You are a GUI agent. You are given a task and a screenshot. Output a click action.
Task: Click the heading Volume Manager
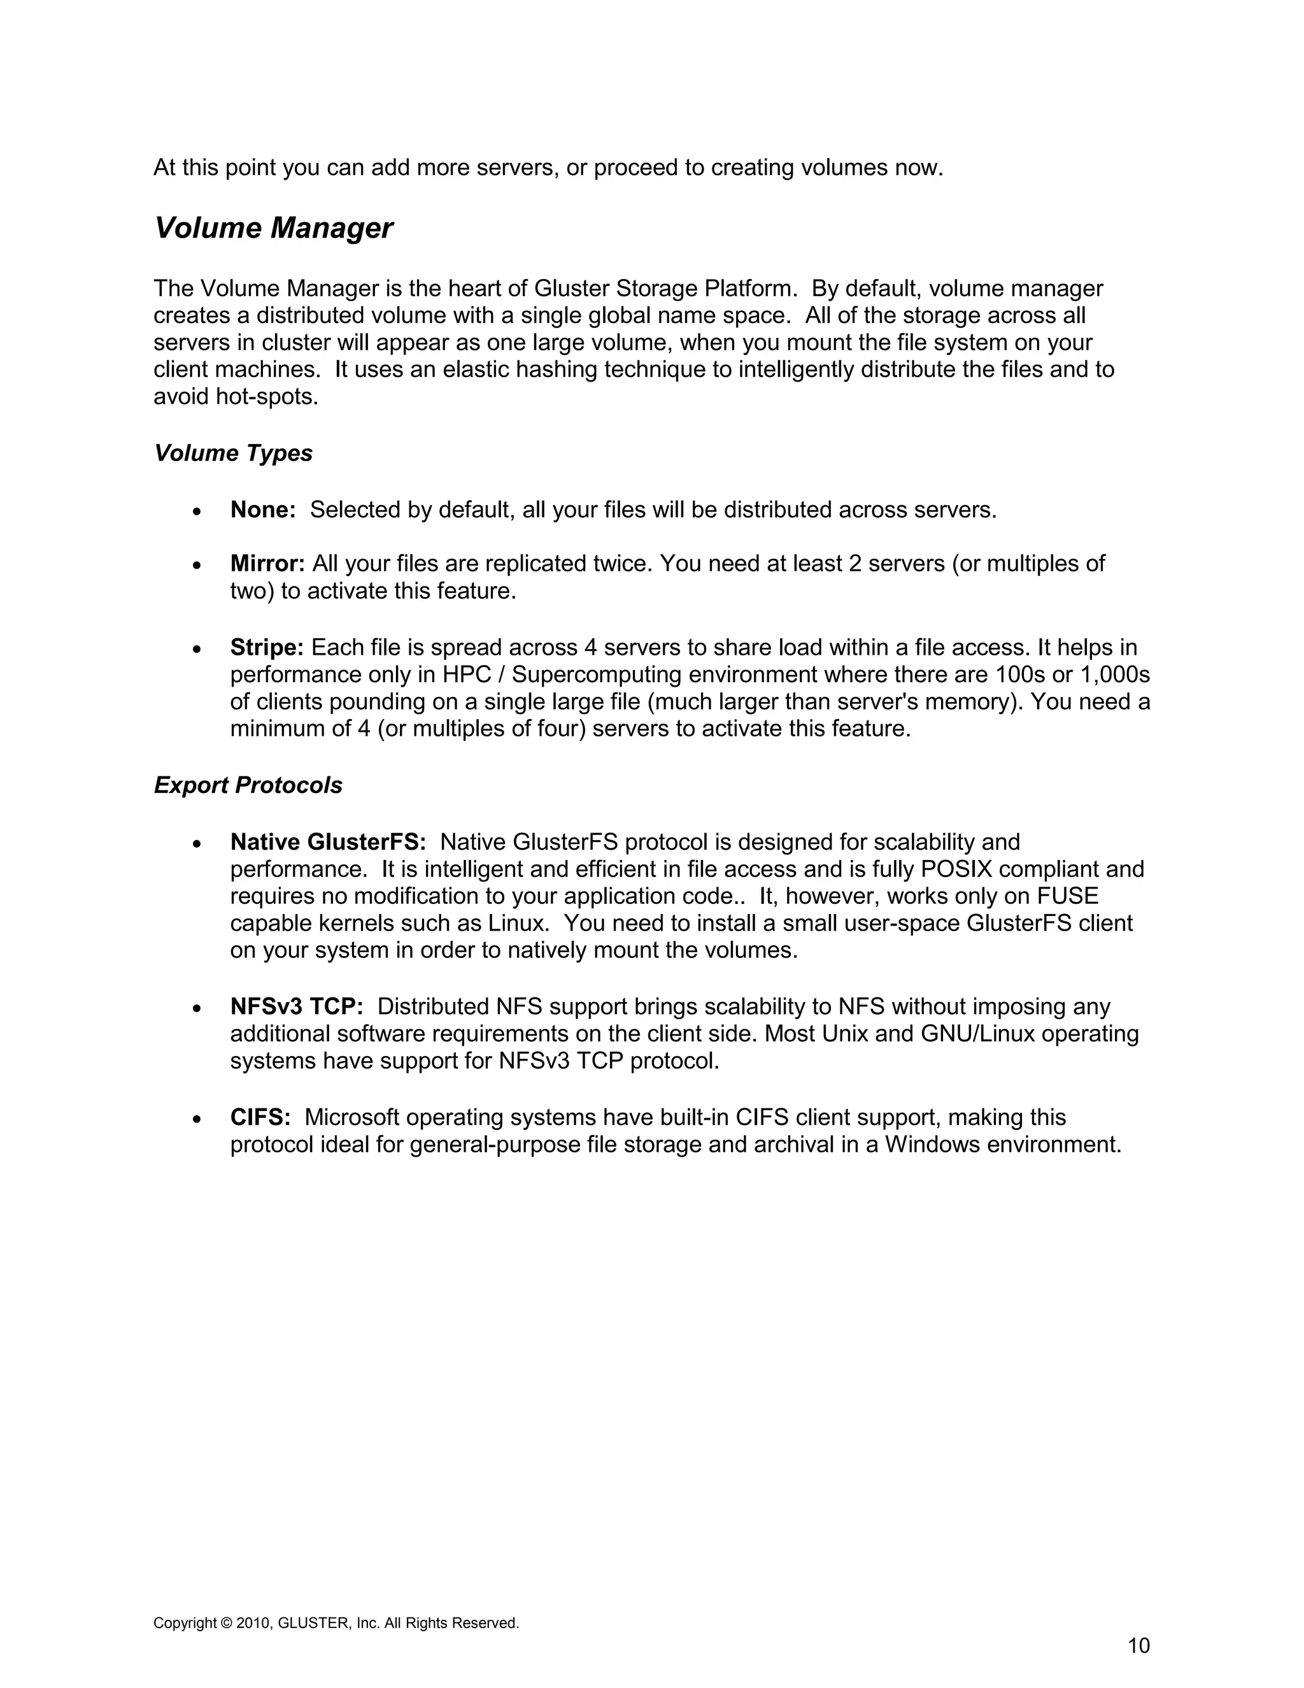point(273,228)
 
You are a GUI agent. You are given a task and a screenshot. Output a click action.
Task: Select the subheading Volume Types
point(233,453)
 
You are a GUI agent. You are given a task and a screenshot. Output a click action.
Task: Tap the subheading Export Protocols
point(248,785)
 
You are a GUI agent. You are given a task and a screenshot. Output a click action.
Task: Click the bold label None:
point(263,510)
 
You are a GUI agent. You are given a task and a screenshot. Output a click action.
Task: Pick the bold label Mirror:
point(267,564)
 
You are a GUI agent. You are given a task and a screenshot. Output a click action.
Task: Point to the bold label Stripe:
point(267,648)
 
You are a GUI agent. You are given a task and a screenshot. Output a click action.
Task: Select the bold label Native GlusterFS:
point(327,841)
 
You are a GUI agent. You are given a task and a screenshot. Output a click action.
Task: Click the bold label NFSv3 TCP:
point(297,1007)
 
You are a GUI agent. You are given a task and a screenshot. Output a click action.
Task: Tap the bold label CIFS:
point(260,1118)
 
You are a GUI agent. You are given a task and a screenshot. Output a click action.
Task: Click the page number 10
point(1138,1645)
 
